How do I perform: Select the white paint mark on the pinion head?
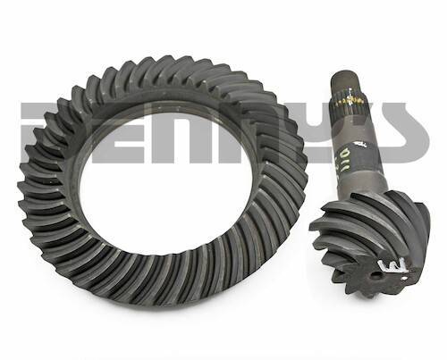tap(394, 265)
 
